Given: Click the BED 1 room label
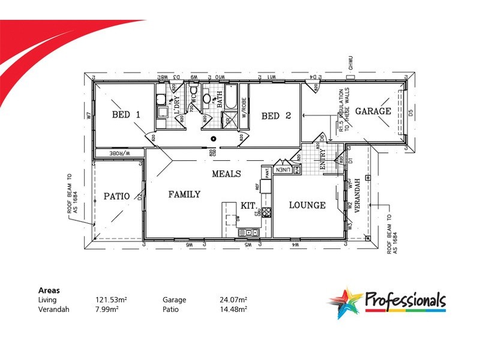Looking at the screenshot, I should [x=126, y=115].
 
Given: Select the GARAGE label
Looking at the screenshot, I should [x=373, y=111].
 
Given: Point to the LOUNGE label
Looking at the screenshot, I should [x=307, y=205].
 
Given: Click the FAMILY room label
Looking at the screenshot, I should [x=184, y=194].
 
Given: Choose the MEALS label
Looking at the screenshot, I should [x=226, y=174].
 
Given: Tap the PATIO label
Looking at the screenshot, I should [x=116, y=196].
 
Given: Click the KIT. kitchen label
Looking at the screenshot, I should [x=248, y=205].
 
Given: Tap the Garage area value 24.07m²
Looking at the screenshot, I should [x=233, y=299].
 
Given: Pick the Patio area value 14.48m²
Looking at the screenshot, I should [x=233, y=309].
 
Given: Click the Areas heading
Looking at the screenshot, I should [x=49, y=290].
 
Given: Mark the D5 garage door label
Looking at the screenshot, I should [x=410, y=112].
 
